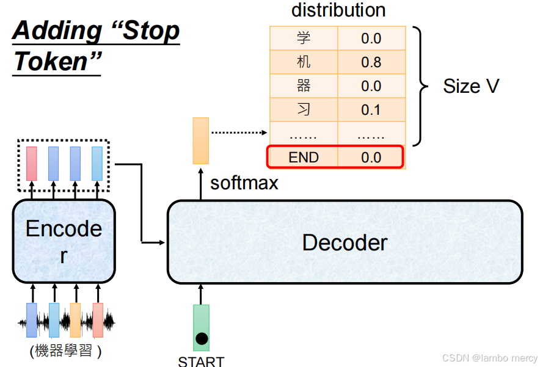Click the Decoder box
[345, 242]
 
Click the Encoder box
[64, 241]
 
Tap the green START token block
[201, 327]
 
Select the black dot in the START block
[201, 338]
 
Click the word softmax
[244, 183]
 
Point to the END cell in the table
[304, 158]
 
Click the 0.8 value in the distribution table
[371, 62]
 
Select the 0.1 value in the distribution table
[371, 110]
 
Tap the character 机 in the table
[304, 62]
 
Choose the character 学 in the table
[304, 38]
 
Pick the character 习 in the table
[304, 110]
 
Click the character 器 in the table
[304, 86]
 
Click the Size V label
[471, 86]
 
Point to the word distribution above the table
[338, 10]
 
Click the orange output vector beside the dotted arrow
[200, 140]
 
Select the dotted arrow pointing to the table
[239, 133]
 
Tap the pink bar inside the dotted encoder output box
[31, 163]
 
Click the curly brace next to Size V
[421, 86]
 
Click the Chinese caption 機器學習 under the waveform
[65, 351]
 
